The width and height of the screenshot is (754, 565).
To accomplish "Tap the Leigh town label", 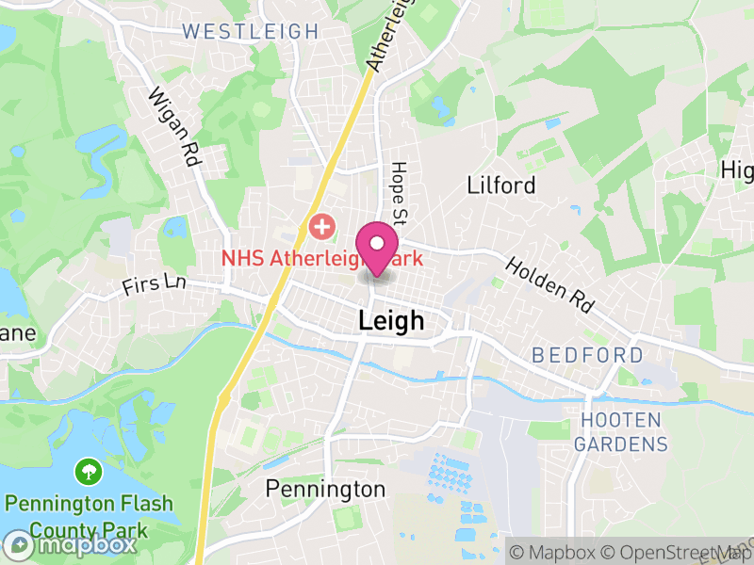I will (x=391, y=321).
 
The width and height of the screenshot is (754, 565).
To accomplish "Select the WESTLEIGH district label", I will (x=251, y=31).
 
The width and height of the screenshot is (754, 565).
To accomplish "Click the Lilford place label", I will (x=501, y=185).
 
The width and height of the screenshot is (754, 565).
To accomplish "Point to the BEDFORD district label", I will (x=587, y=356).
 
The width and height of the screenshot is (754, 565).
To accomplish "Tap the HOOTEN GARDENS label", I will (x=621, y=431).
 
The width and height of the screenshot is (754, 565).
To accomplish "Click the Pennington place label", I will (x=325, y=489).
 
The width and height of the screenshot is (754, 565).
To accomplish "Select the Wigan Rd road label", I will (x=174, y=127).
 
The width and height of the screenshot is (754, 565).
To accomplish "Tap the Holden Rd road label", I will (x=551, y=283).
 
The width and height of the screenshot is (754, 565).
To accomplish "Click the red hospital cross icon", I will (x=322, y=227).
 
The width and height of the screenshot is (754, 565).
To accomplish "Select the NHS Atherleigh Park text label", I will (x=320, y=257).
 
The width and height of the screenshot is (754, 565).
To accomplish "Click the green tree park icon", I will (x=89, y=469).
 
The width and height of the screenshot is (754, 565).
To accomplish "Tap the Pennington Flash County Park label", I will (x=89, y=514).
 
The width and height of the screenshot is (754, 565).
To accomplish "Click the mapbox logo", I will (x=72, y=544).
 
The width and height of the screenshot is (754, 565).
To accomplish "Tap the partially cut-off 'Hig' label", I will (x=737, y=170).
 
